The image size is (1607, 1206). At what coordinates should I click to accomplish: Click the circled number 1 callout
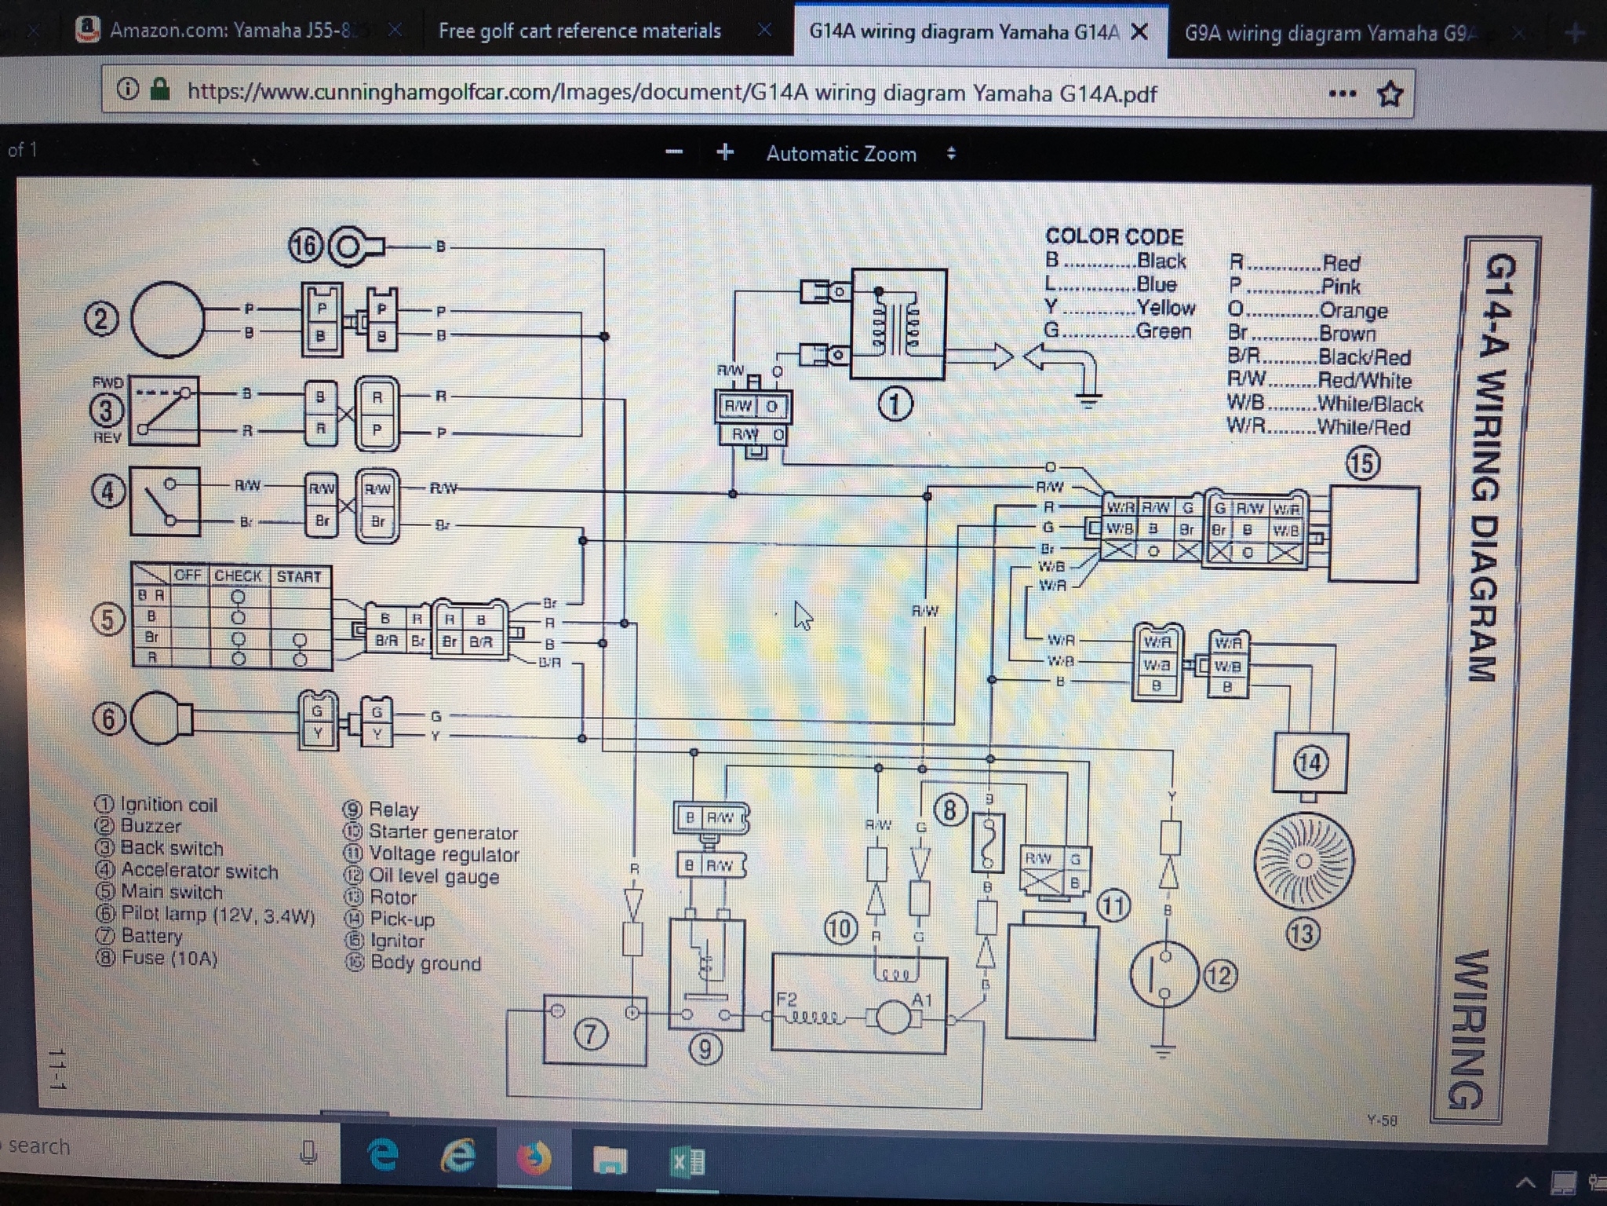click(895, 404)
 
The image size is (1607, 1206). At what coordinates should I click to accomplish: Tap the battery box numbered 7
click(595, 1030)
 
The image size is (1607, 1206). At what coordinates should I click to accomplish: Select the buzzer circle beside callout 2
click(167, 320)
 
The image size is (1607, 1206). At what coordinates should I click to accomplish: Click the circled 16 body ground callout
click(306, 247)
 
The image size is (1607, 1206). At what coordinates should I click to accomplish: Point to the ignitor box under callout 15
click(1373, 534)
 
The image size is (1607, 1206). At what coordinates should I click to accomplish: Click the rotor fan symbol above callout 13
click(1303, 861)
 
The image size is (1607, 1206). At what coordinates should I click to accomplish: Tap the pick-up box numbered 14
click(1310, 762)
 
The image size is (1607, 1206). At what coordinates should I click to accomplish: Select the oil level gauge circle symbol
click(1164, 974)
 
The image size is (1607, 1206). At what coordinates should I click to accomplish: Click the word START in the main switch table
click(299, 576)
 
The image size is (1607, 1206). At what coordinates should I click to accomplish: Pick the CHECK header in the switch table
click(238, 576)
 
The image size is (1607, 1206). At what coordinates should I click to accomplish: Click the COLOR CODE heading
click(1114, 236)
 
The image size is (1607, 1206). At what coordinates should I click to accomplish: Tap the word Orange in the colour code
click(1353, 310)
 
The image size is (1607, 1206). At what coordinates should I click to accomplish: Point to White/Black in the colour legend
click(1369, 404)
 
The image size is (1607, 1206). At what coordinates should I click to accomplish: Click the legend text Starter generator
click(443, 832)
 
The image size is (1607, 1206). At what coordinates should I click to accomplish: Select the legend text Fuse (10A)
click(169, 958)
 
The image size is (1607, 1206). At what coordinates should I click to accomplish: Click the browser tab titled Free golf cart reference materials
click(579, 31)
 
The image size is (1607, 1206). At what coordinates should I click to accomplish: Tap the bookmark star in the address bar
click(1390, 94)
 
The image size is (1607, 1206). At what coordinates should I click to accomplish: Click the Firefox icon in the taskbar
click(534, 1158)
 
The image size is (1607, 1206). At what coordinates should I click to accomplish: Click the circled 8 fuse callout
click(949, 809)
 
